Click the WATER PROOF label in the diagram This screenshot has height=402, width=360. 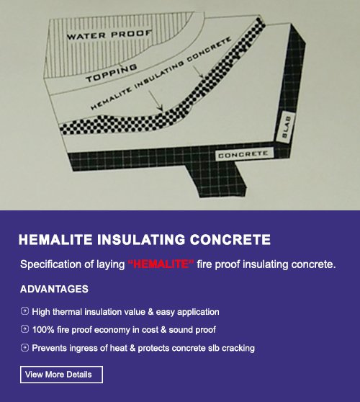coord(109,35)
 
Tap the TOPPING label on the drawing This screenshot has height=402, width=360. coord(112,73)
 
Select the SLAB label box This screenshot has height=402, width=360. coord(286,126)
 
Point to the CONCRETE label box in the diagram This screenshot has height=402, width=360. coord(243,154)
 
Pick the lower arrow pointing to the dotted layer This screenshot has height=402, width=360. coord(156,101)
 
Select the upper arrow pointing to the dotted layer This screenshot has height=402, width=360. coord(198,71)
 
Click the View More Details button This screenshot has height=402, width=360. coord(61,375)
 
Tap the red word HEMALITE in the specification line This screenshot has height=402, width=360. coord(161,264)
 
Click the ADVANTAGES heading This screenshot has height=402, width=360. coord(54,289)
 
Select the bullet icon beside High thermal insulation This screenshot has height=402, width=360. coord(24,311)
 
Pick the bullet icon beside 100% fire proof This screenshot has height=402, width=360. coord(24,329)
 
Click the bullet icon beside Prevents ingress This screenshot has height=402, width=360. coord(24,348)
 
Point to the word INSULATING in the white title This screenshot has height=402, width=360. coord(141,240)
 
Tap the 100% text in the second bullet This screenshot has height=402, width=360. coord(43,330)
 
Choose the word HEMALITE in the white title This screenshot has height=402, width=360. coord(55,240)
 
